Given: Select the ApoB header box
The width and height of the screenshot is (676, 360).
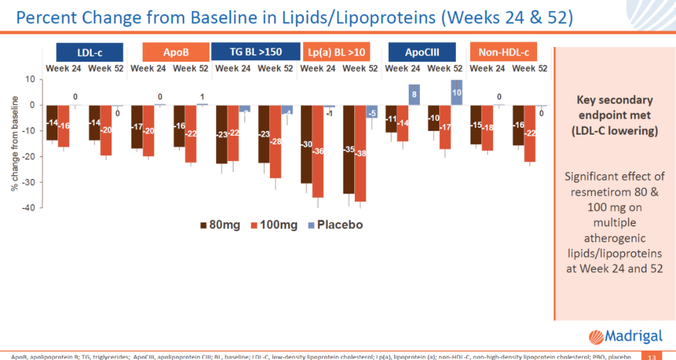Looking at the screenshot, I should click(x=175, y=52).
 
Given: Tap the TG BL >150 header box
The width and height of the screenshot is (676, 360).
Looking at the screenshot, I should click(x=255, y=52).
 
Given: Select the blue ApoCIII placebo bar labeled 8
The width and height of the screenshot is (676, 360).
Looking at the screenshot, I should click(x=414, y=95).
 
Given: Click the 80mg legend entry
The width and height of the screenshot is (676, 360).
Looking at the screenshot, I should click(x=220, y=225).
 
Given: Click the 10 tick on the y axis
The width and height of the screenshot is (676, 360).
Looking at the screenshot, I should click(x=30, y=80).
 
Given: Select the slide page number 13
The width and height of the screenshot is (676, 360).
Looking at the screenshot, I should click(x=651, y=357).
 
